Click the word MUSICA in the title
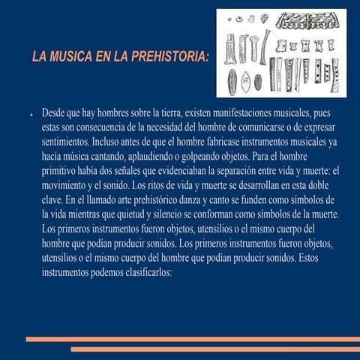point(77,58)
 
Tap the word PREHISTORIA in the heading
point(168,58)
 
